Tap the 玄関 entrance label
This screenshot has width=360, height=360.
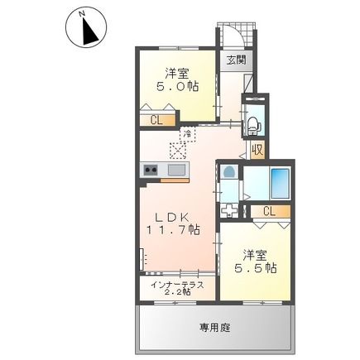point(236,60)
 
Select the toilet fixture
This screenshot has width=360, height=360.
point(252,125)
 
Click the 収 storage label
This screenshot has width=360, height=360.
point(258,150)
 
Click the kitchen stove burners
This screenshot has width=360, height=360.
point(152,170)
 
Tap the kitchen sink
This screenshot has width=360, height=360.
point(176,170)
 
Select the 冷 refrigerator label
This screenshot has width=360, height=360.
point(188,132)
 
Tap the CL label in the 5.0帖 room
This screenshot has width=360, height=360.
point(156,119)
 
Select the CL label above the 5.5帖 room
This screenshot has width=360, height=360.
point(268,212)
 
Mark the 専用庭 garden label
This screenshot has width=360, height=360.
point(214,327)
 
